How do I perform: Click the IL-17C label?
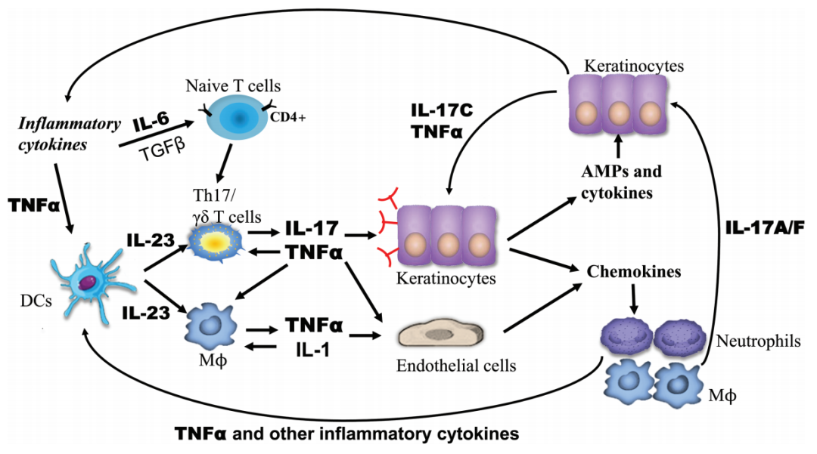pyautogui.click(x=439, y=111)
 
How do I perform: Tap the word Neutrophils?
pyautogui.click(x=757, y=341)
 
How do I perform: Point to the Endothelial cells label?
pyautogui.click(x=455, y=366)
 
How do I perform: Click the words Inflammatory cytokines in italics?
pyautogui.click(x=69, y=131)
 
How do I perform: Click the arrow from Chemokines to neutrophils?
pyautogui.click(x=634, y=300)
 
